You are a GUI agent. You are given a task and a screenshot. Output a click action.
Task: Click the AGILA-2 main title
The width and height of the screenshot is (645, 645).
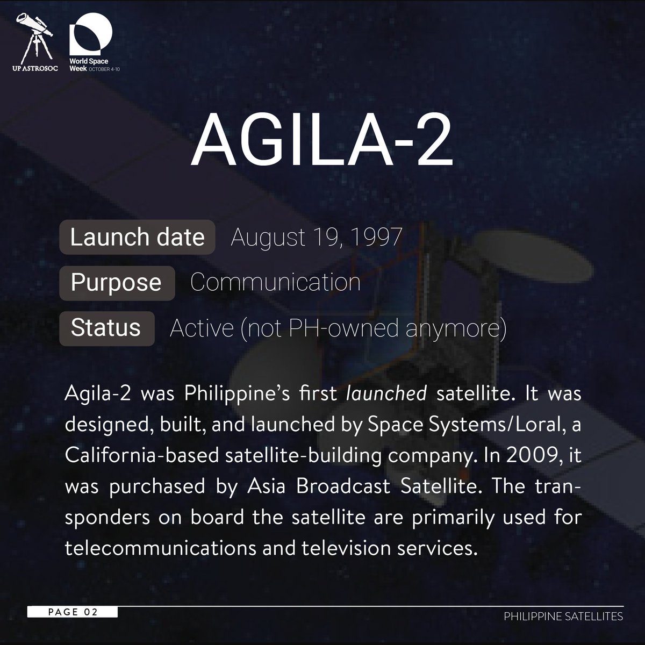[x=321, y=141]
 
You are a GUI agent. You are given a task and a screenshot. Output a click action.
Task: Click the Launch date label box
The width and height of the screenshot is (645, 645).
[x=137, y=237]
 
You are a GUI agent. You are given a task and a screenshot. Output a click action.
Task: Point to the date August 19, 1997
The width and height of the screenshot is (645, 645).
[x=316, y=237]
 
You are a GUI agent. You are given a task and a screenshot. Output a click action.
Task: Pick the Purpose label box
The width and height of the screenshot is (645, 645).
[x=117, y=282]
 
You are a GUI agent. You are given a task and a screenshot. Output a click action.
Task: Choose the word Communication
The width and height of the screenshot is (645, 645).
[x=275, y=282]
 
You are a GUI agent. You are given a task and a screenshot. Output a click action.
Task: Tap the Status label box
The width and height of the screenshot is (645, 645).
[x=106, y=327]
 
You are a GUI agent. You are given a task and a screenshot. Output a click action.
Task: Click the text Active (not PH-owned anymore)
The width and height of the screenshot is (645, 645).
[x=338, y=328]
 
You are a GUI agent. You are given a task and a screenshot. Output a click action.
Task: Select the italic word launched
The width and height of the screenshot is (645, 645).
[x=387, y=394]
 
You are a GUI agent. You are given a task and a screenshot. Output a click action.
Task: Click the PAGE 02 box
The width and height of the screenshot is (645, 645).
[x=73, y=612]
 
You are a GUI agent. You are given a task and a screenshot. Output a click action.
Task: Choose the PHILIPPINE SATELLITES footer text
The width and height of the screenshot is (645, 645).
[x=563, y=616]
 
